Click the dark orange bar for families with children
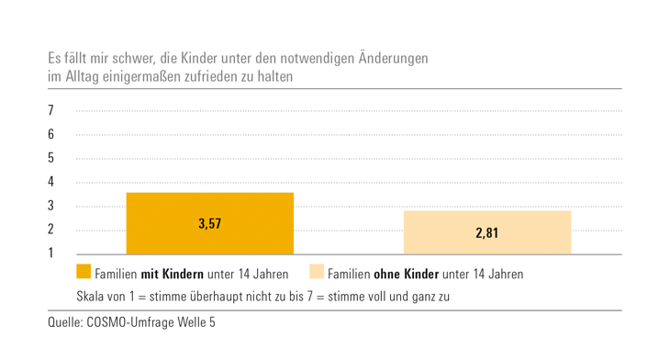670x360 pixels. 210,223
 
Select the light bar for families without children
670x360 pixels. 487,232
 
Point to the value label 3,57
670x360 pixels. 210,223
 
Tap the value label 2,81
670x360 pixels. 487,233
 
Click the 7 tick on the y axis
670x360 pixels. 51,110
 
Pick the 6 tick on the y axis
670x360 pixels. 51,134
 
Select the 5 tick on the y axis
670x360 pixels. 51,158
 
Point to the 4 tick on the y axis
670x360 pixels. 51,182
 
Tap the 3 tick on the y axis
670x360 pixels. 51,206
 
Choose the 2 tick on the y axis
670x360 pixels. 51,230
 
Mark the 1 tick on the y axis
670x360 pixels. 51,253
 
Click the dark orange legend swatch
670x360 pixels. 84,273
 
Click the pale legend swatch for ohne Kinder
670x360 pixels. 317,273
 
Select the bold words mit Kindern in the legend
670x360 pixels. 172,274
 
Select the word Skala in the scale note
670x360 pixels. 93,298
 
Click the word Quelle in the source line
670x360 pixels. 65,323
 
